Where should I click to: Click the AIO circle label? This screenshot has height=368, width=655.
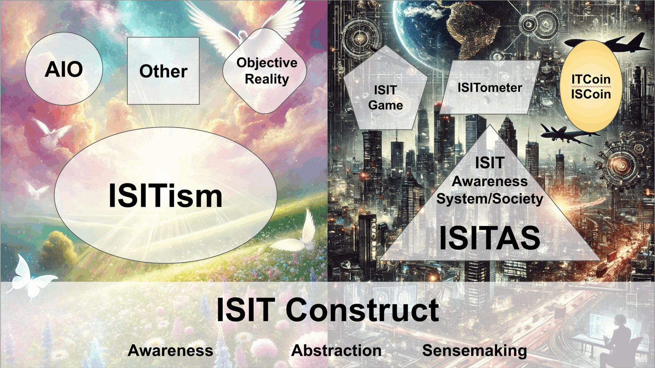tap(64, 69)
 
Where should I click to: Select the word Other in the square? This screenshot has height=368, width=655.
tap(163, 71)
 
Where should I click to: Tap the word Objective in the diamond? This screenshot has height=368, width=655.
tap(267, 63)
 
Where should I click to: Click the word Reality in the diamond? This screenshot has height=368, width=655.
tap(267, 79)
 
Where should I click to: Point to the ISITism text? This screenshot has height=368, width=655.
tap(165, 196)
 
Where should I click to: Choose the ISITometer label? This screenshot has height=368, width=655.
tap(490, 88)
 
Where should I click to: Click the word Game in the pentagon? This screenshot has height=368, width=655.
tap(386, 105)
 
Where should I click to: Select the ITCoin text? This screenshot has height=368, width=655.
tap(591, 79)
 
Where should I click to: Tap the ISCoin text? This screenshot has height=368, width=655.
tap(591, 94)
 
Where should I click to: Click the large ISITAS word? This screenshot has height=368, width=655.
tap(490, 238)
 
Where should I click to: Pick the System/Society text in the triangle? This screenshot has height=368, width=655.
tap(490, 199)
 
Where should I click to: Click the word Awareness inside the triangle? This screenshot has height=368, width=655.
tap(490, 181)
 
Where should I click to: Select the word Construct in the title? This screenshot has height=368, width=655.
tap(362, 310)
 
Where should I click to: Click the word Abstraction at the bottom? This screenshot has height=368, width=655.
tap(336, 350)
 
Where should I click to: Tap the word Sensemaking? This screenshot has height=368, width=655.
tap(474, 350)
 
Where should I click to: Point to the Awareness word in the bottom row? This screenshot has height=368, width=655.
tap(170, 350)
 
